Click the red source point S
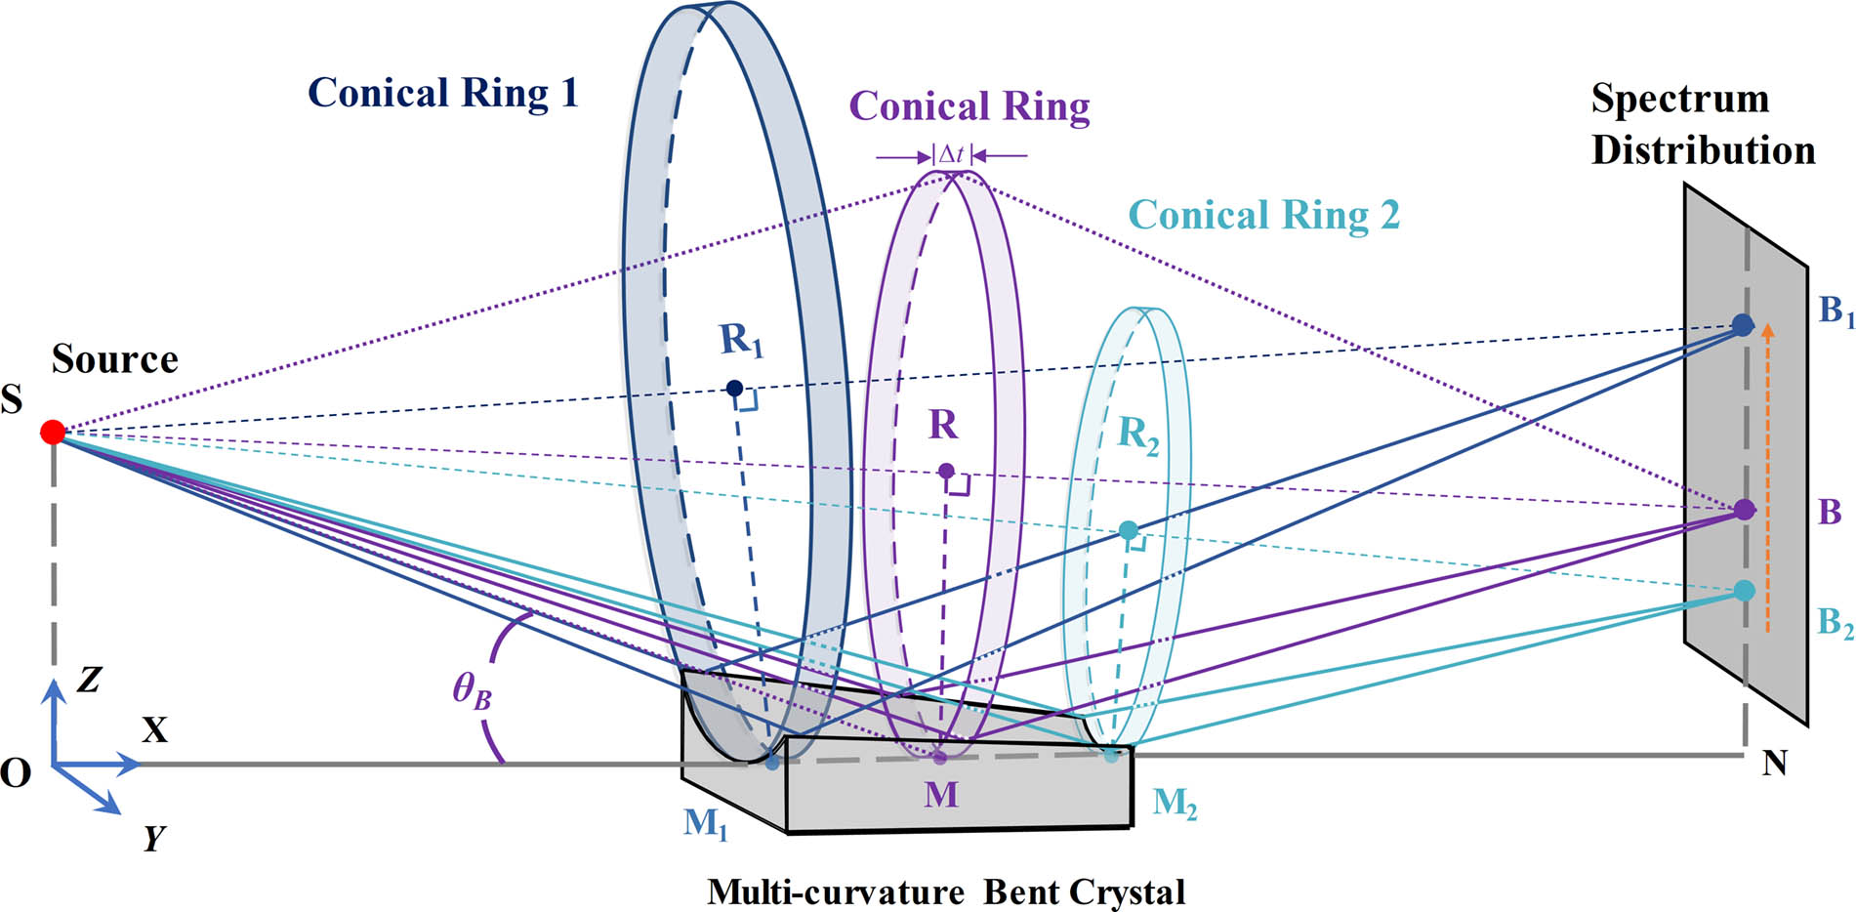53,432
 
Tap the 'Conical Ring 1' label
442,94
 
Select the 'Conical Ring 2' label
1263,215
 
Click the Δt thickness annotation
951,154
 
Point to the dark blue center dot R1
734,389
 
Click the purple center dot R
945,471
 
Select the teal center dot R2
1128,530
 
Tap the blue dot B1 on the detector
1742,325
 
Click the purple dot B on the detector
1745,509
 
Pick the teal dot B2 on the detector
1744,590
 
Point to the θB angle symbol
472,691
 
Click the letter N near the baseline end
1774,763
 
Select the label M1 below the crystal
705,824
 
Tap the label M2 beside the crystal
1174,804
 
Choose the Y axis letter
153,838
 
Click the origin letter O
16,773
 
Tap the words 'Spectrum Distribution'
1702,124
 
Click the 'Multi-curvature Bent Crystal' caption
945,891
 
